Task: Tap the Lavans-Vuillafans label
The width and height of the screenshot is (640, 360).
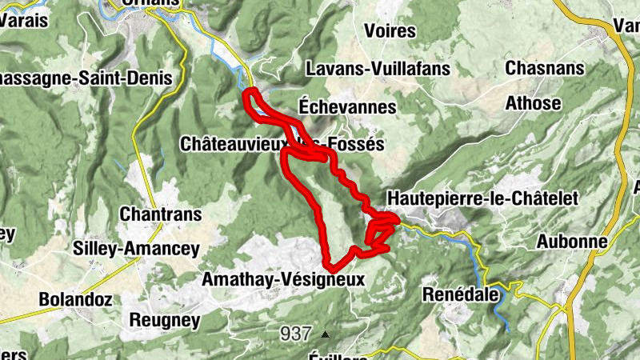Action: click(x=378, y=70)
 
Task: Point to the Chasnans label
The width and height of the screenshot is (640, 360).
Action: click(x=543, y=68)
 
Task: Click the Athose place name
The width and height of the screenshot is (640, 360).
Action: click(x=533, y=103)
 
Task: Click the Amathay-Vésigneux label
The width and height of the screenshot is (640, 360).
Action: click(x=283, y=280)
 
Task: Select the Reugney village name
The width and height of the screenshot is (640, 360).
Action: click(x=162, y=320)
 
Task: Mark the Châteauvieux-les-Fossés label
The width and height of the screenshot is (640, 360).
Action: click(x=282, y=145)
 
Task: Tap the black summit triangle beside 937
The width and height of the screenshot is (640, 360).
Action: click(x=324, y=334)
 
